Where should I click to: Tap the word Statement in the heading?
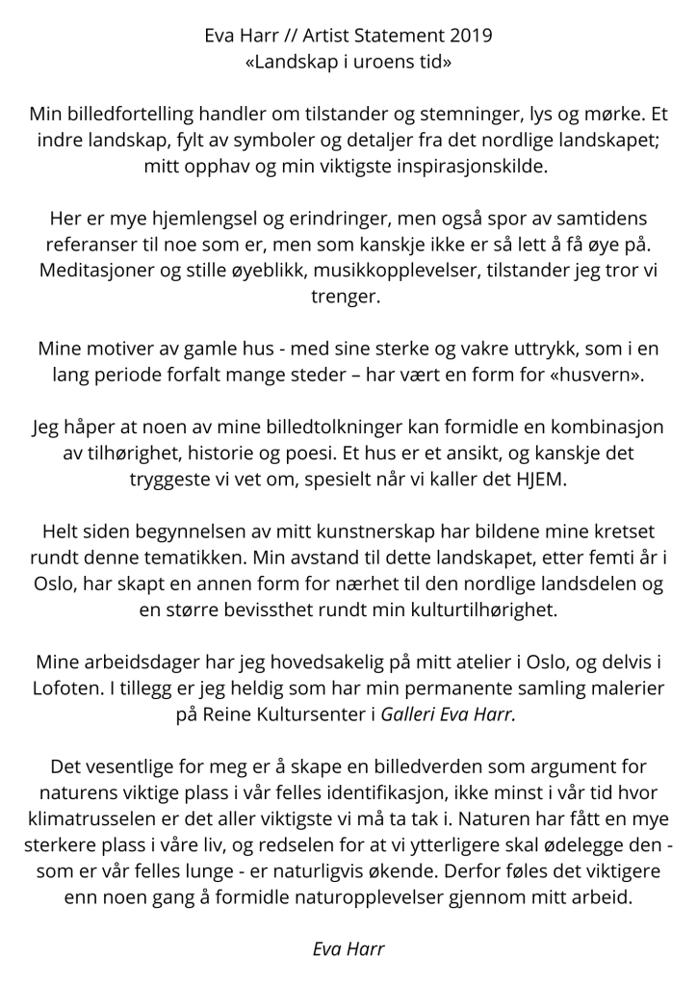click(x=396, y=38)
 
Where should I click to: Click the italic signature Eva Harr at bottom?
click(x=348, y=947)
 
